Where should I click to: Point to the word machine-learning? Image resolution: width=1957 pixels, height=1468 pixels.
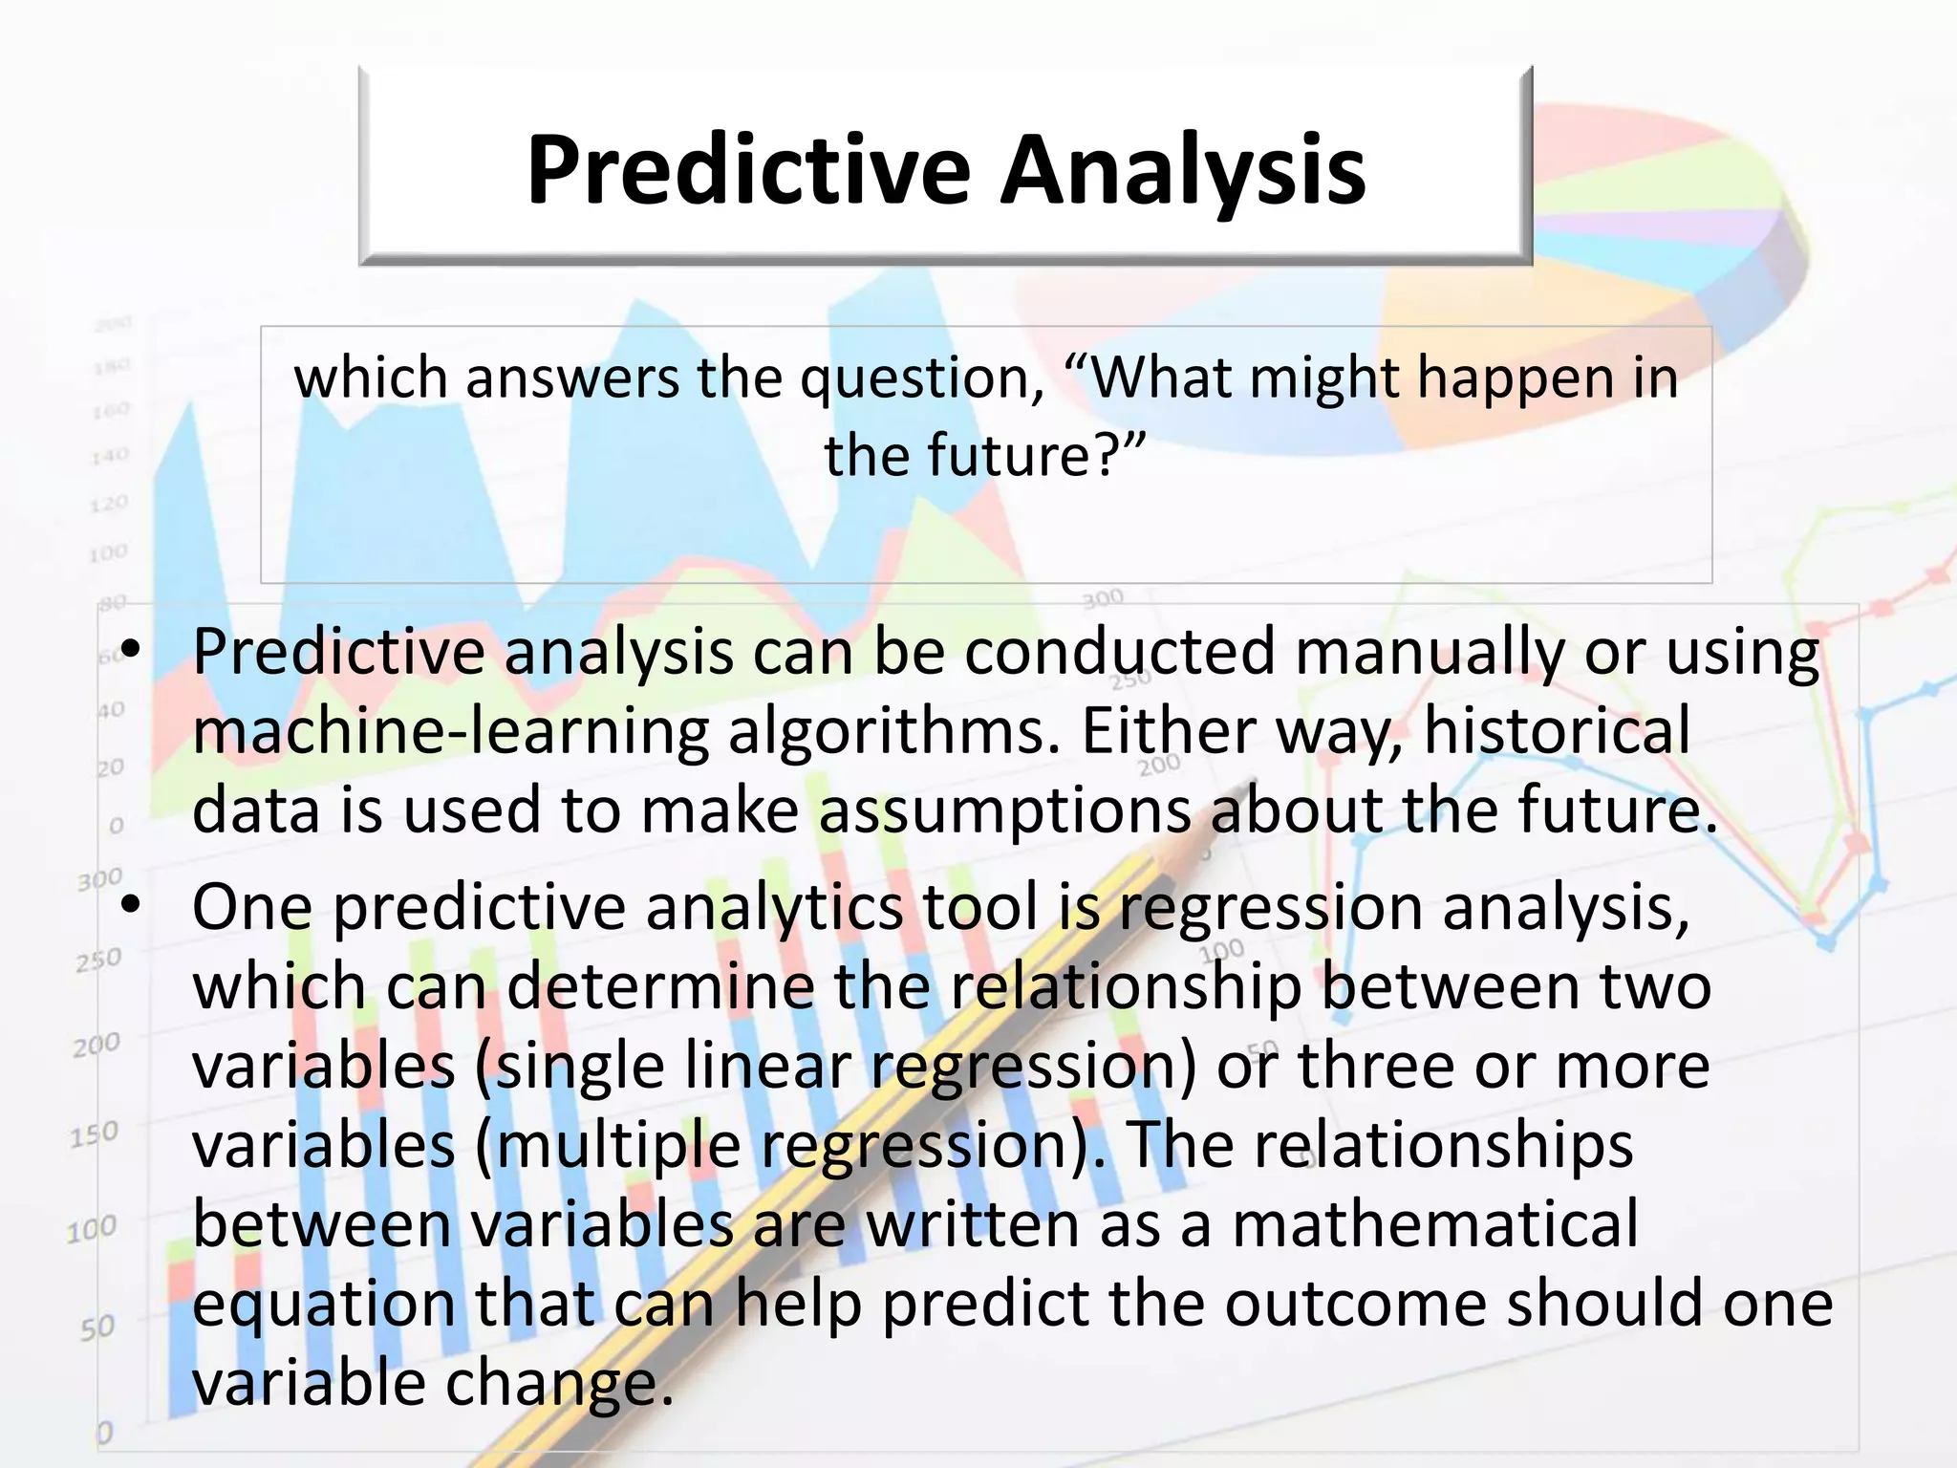[450, 733]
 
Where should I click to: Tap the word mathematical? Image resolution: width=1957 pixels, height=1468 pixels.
[1434, 1224]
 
